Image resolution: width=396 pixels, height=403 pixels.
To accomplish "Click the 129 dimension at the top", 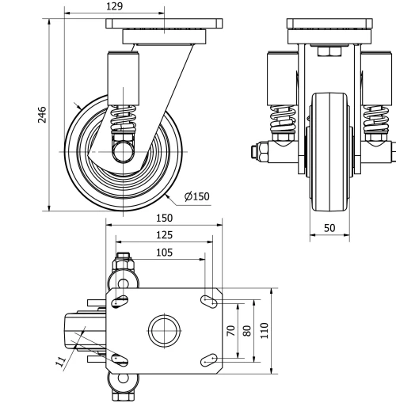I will (x=114, y=6).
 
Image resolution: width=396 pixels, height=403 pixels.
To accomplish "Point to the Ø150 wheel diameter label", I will (x=196, y=196).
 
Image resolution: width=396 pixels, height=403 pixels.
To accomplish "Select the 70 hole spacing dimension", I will (x=231, y=331).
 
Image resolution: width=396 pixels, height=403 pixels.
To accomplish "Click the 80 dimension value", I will (x=247, y=331).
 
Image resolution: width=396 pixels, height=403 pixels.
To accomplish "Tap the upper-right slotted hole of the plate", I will (x=210, y=300).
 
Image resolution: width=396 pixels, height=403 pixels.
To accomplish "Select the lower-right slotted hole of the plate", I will (x=210, y=361).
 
